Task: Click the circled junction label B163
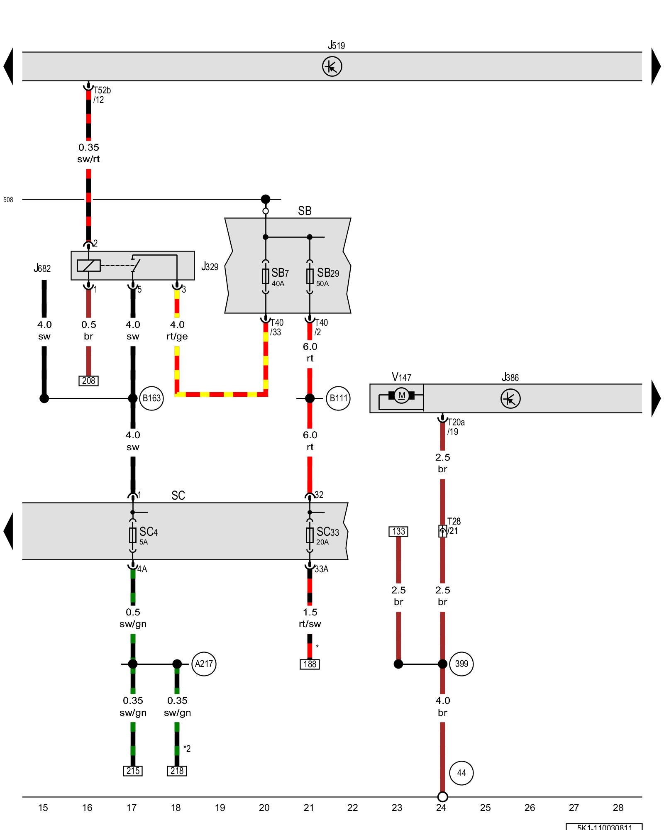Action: [x=151, y=398]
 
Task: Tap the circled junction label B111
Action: [x=338, y=398]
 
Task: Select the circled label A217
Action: [x=204, y=664]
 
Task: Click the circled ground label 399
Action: [x=461, y=664]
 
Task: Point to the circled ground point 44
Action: [x=461, y=773]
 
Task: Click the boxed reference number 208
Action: [x=88, y=381]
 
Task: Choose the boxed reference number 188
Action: [x=310, y=664]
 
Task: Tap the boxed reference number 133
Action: [x=398, y=531]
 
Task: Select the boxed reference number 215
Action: [x=133, y=771]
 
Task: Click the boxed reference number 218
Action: [x=177, y=771]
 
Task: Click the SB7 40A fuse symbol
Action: [x=266, y=276]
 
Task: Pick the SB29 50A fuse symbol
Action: [x=310, y=276]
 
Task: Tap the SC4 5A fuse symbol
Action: [x=133, y=535]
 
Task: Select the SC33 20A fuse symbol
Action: [x=310, y=535]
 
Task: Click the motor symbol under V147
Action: [x=401, y=395]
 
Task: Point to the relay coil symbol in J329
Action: [x=88, y=265]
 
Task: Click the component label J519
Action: [x=336, y=45]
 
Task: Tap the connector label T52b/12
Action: [x=101, y=95]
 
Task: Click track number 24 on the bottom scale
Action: [x=441, y=808]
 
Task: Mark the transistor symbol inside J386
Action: [x=510, y=399]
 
